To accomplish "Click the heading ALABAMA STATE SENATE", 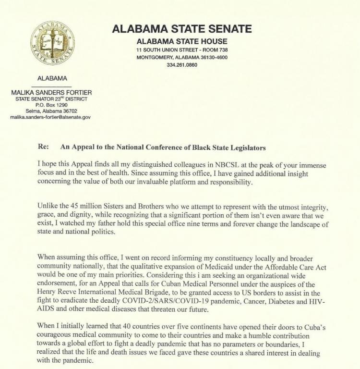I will [x=181, y=29].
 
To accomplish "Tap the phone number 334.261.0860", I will [x=181, y=65].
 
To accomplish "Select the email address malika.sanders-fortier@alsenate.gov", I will [x=51, y=117].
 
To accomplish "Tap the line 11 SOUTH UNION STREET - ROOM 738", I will [x=181, y=50].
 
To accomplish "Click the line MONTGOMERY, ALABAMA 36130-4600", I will [x=181, y=58].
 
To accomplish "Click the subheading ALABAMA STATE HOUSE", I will [x=181, y=41].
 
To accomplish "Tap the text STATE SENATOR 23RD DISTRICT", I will [x=51, y=98].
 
